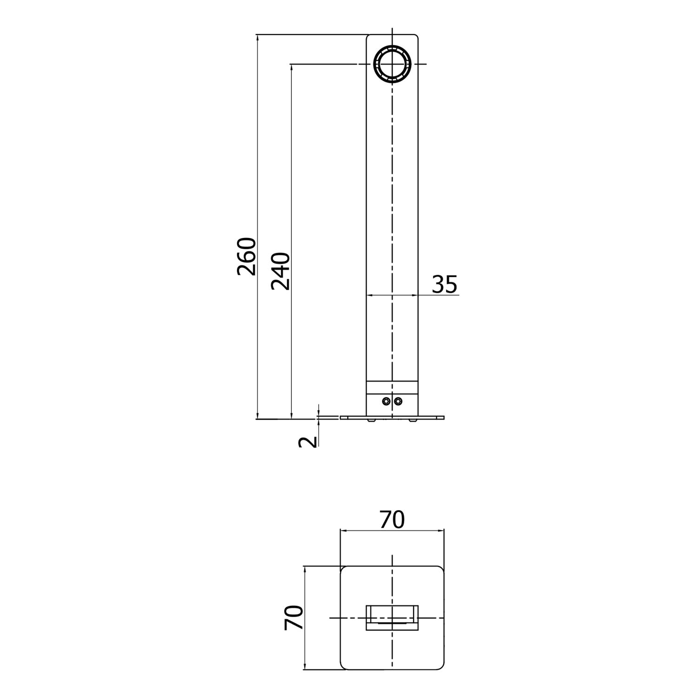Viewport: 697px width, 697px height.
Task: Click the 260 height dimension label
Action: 246,256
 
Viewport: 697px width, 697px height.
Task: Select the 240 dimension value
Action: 281,271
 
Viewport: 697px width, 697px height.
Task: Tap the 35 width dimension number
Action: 445,284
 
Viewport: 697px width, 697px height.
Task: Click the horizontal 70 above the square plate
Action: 392,519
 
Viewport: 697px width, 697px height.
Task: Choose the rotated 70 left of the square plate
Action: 294,618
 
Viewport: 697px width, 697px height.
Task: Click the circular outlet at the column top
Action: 392,64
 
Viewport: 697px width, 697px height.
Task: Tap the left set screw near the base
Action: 386,401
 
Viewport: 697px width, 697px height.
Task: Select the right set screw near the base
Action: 398,401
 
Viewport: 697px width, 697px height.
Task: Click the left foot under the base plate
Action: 371,420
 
